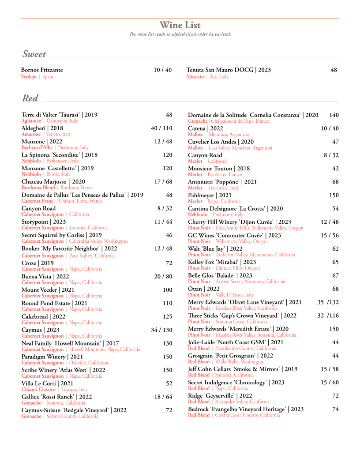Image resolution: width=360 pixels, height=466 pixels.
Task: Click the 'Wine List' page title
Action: [x=180, y=25]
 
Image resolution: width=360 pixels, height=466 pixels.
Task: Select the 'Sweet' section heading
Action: [x=34, y=54]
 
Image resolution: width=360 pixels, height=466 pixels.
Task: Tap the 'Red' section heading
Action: [x=30, y=98]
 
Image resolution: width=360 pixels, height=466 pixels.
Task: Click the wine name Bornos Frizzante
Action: [x=42, y=70]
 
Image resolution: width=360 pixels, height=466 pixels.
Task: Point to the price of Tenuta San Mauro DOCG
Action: [x=334, y=70]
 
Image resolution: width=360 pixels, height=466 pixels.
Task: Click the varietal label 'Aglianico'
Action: [x=31, y=121]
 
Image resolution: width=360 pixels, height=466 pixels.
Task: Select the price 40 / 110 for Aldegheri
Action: [x=161, y=128]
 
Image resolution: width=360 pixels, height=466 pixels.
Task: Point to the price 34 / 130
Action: [x=161, y=330]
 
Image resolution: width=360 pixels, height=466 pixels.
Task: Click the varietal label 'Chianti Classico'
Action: [x=39, y=390]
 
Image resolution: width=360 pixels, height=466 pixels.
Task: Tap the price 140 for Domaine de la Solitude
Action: [x=334, y=115]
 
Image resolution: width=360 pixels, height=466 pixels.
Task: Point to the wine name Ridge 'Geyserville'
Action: [x=220, y=396]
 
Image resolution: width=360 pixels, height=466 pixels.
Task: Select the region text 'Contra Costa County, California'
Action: [x=247, y=415]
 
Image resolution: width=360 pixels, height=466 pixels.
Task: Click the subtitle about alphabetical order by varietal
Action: [x=180, y=34]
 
